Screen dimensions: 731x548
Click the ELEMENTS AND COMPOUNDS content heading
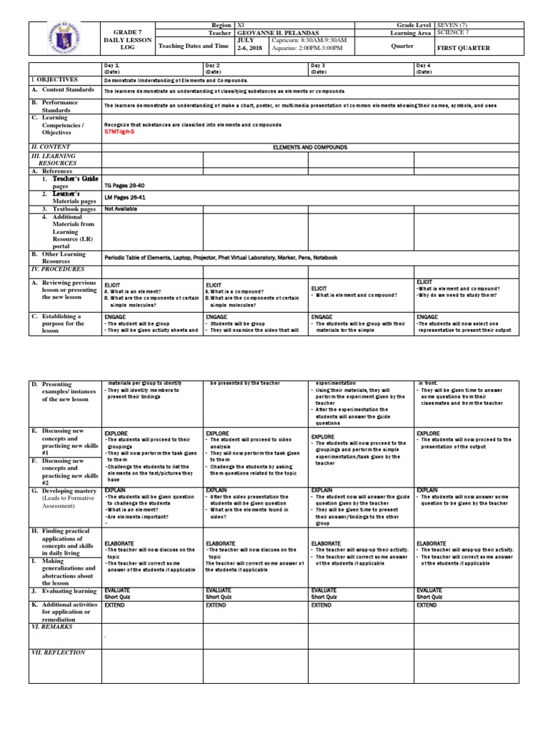click(309, 146)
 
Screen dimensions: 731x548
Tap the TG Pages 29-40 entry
click(123, 184)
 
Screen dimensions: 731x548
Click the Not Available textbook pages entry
click(121, 209)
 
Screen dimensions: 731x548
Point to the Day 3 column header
click(318, 65)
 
